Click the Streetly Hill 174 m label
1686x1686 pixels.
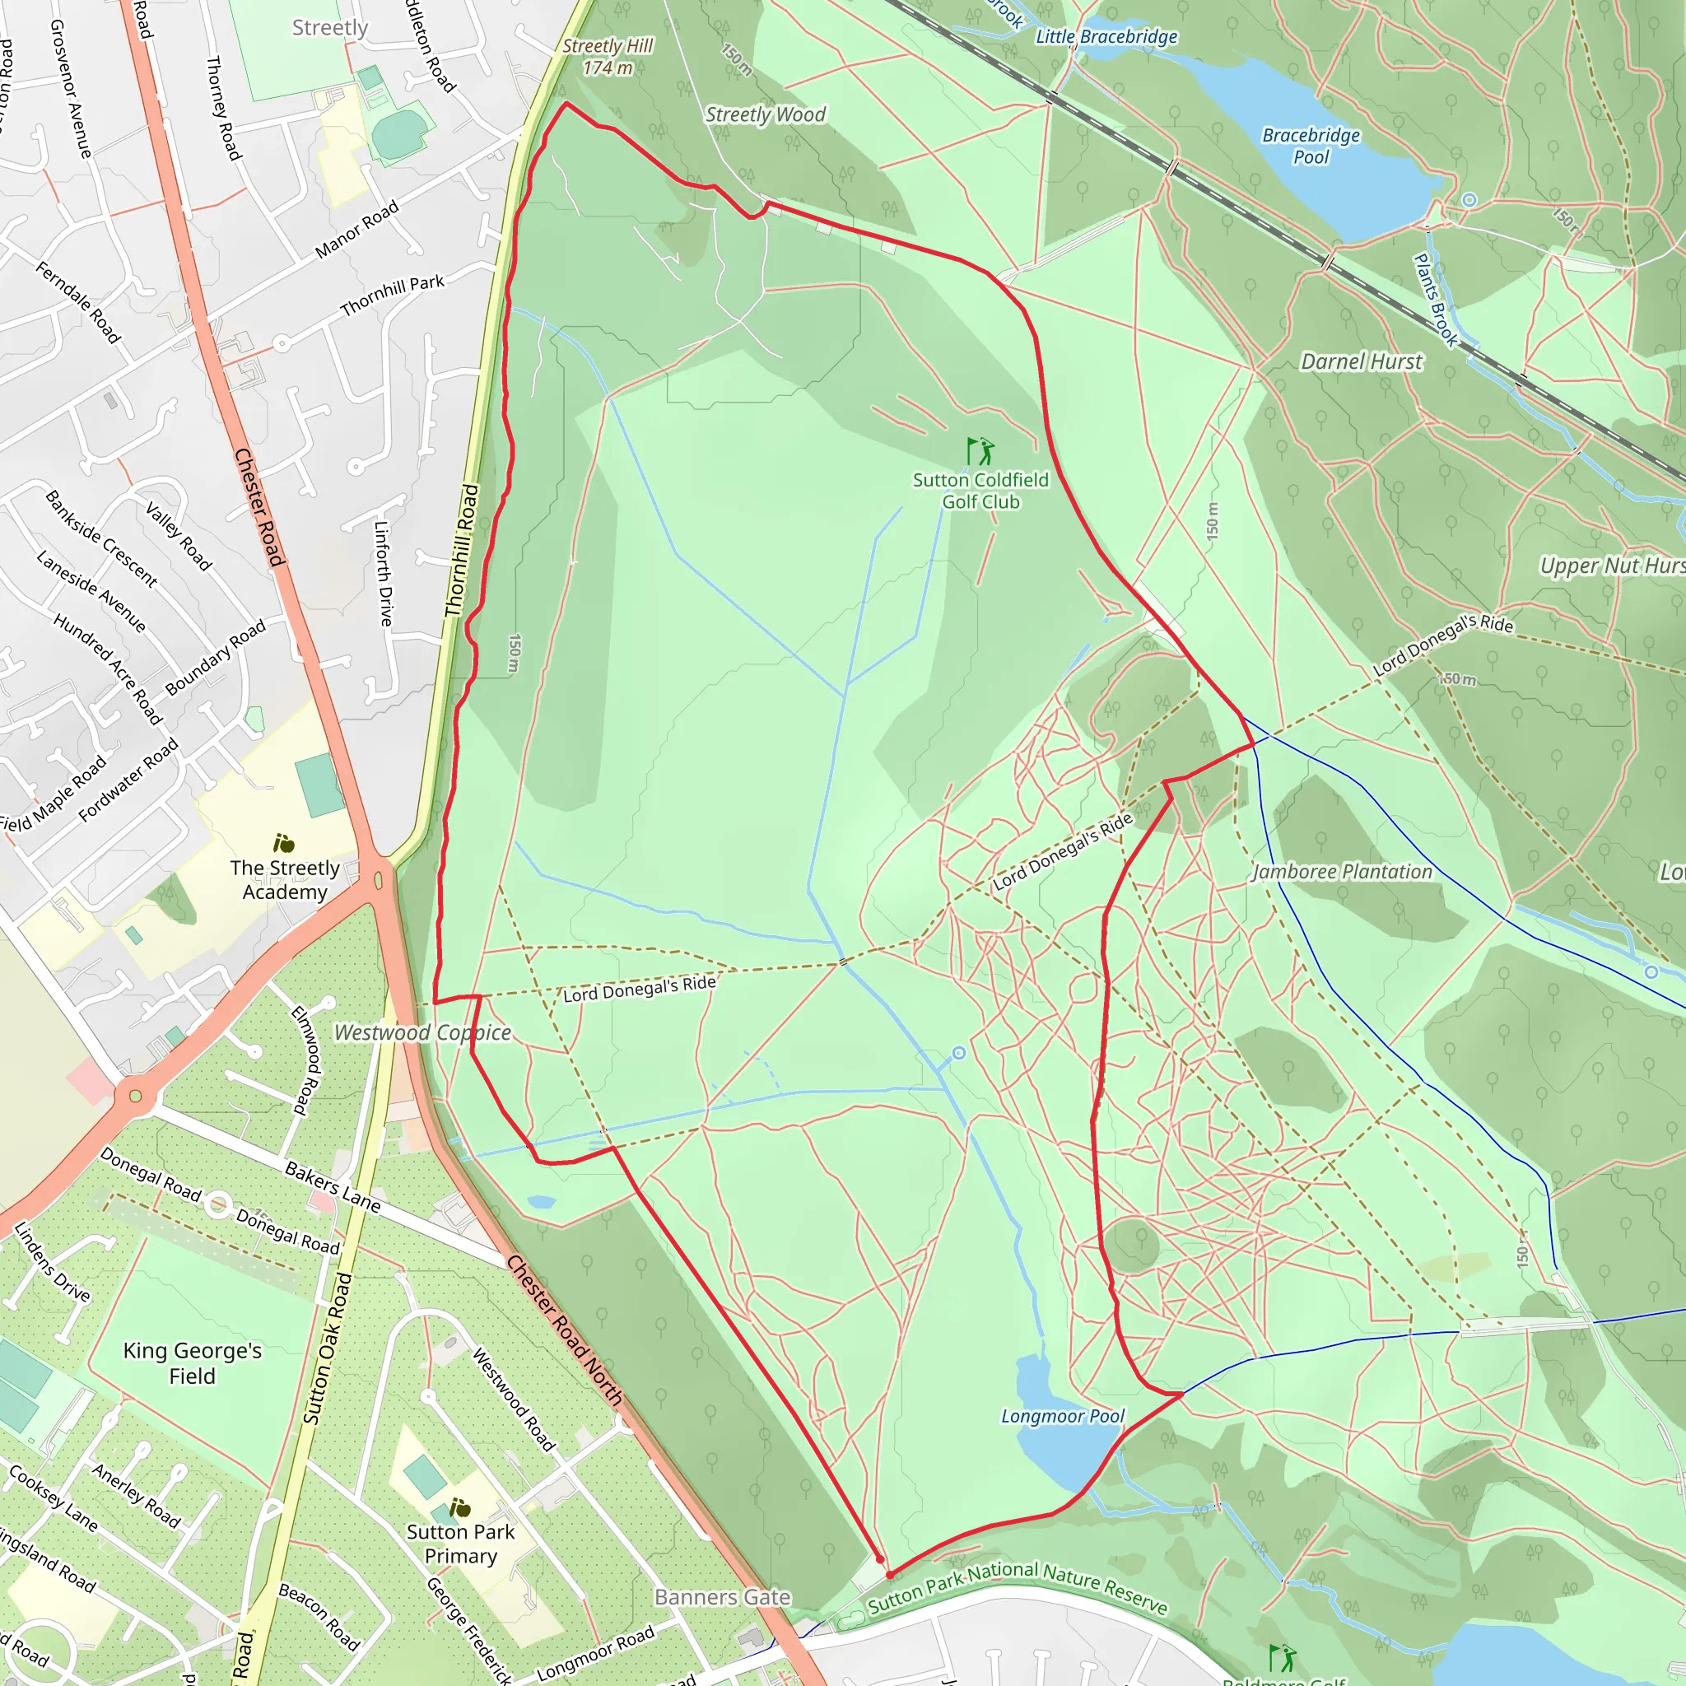[608, 57]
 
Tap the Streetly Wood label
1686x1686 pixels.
[766, 114]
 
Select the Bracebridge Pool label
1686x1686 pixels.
[1311, 146]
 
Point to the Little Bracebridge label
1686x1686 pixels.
[1106, 37]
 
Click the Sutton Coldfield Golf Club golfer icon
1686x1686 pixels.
[980, 451]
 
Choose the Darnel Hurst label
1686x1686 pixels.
[1362, 361]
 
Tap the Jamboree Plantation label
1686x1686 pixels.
[1342, 872]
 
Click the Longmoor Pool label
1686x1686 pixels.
[1063, 1415]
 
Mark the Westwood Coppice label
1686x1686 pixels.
[422, 1032]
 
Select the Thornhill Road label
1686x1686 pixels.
[462, 551]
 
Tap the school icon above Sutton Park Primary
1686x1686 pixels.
[460, 1508]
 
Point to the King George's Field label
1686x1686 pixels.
[192, 1363]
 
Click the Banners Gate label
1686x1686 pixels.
[723, 1597]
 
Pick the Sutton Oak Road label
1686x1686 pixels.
[328, 1348]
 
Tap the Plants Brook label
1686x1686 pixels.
[1436, 300]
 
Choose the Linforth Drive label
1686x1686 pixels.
[383, 572]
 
